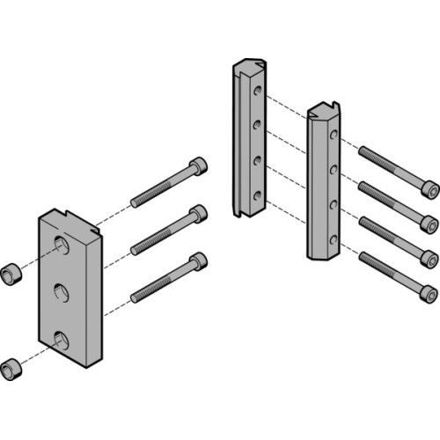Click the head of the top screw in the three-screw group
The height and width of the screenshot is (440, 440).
tap(199, 165)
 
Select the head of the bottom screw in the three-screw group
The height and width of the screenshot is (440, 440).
tap(199, 261)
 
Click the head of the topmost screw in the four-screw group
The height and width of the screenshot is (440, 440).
tap(429, 187)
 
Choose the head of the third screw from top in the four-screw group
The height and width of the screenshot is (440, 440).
tap(429, 257)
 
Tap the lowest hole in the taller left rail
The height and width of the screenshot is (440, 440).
tap(256, 196)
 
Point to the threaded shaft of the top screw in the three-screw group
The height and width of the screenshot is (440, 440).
tap(158, 186)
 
